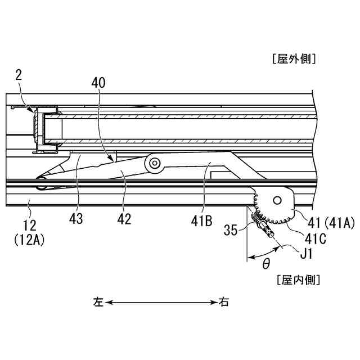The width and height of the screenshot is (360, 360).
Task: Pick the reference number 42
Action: coord(125,219)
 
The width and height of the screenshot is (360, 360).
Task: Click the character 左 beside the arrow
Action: coord(98,302)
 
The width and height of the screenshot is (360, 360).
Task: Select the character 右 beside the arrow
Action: coord(224,302)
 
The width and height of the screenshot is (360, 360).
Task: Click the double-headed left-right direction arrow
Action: coord(161,302)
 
